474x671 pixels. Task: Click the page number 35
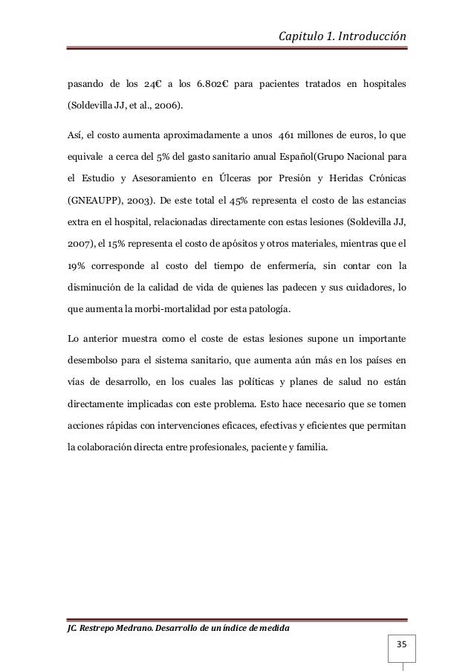click(x=401, y=641)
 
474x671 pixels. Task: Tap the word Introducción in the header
click(x=369, y=34)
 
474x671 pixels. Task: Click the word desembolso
click(x=91, y=363)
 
